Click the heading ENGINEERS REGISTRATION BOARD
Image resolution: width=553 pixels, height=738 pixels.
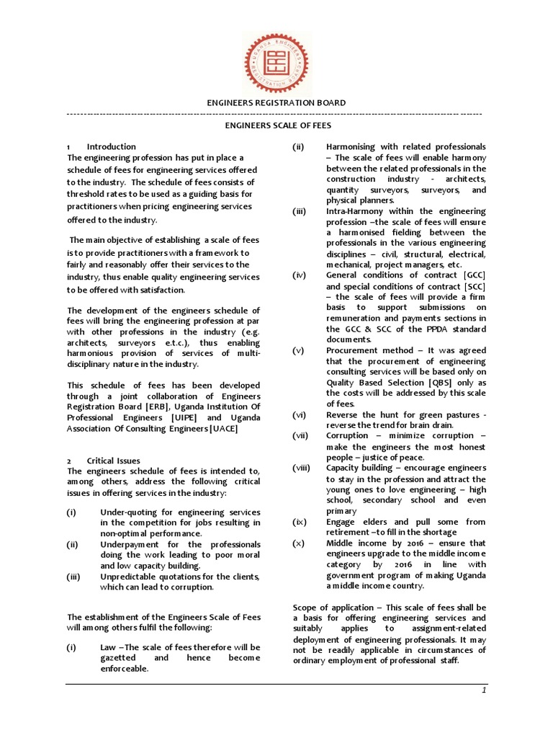(276, 103)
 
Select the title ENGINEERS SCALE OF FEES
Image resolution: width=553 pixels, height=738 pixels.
(276, 125)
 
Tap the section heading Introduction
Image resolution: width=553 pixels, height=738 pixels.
(111, 146)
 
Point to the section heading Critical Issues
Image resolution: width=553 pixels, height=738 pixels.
(114, 461)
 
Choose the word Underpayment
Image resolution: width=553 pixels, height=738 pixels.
(130, 544)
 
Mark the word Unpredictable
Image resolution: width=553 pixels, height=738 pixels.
(131, 577)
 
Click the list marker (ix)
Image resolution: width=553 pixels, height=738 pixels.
(300, 521)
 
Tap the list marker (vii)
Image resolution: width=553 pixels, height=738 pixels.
(300, 435)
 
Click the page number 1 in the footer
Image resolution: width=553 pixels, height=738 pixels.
(485, 691)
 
